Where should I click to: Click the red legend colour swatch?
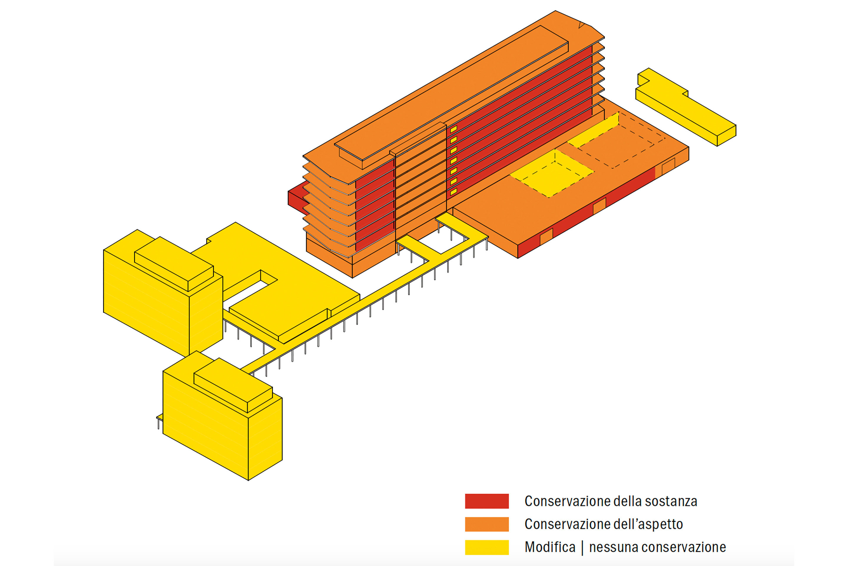(x=487, y=501)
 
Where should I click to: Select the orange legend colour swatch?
(x=487, y=524)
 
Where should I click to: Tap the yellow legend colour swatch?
(x=487, y=547)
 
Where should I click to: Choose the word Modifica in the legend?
(x=550, y=547)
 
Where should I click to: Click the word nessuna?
(x=613, y=547)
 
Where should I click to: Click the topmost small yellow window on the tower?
(x=453, y=129)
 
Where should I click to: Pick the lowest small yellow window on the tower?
(x=453, y=192)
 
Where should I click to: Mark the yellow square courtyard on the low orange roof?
(x=551, y=173)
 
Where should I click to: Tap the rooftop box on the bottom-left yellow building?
(x=233, y=384)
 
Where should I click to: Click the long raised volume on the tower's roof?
(x=451, y=94)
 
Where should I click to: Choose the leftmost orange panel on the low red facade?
(x=546, y=237)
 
